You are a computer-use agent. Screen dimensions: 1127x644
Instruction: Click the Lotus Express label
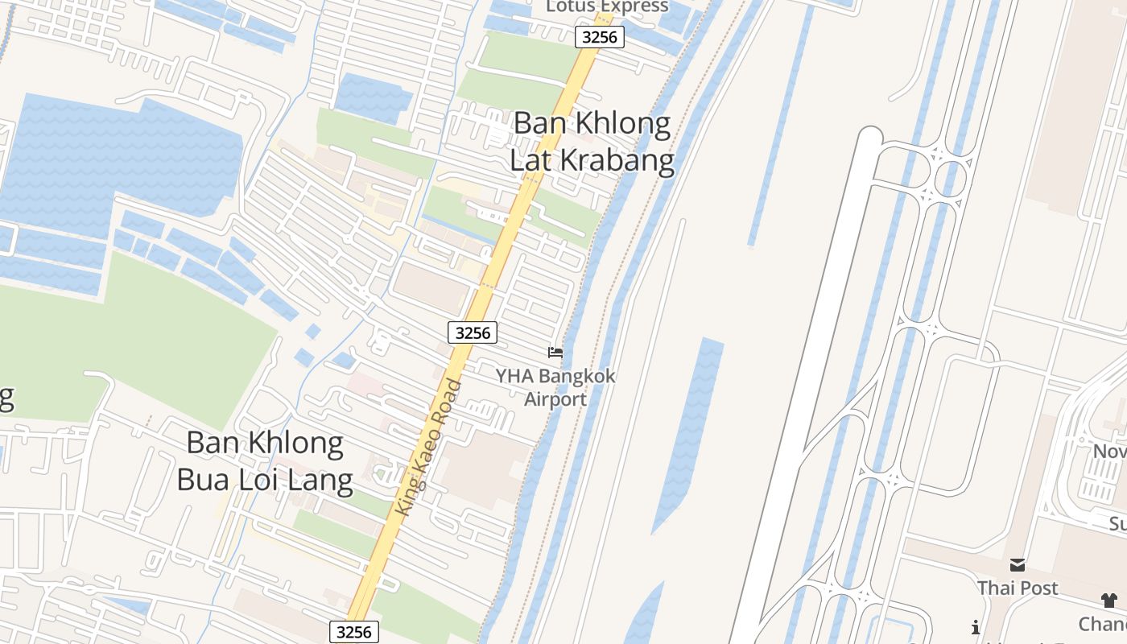pos(607,6)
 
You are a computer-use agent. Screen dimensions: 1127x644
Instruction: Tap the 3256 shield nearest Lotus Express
pos(600,36)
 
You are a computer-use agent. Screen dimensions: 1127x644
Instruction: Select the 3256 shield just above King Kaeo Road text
pos(473,332)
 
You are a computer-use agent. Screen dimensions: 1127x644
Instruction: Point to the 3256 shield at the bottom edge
pos(353,632)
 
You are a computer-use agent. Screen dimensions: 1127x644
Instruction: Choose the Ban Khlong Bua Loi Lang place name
pos(265,461)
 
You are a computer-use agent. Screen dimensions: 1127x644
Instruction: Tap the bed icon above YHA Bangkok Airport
pos(555,353)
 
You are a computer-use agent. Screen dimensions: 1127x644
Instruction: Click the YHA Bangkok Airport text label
pos(555,387)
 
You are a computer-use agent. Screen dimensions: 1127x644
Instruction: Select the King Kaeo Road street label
pos(430,448)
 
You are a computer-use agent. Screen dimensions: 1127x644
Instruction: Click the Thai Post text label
pos(1018,588)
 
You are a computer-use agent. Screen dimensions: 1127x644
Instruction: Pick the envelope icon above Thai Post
pos(1018,565)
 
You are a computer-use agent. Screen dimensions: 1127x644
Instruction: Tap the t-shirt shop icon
pos(1108,600)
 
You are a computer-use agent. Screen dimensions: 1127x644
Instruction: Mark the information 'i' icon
pos(976,627)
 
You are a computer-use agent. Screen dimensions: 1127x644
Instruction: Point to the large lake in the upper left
pos(121,161)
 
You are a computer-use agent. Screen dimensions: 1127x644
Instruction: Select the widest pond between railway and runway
pos(688,427)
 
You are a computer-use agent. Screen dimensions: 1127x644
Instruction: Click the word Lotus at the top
pos(572,6)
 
